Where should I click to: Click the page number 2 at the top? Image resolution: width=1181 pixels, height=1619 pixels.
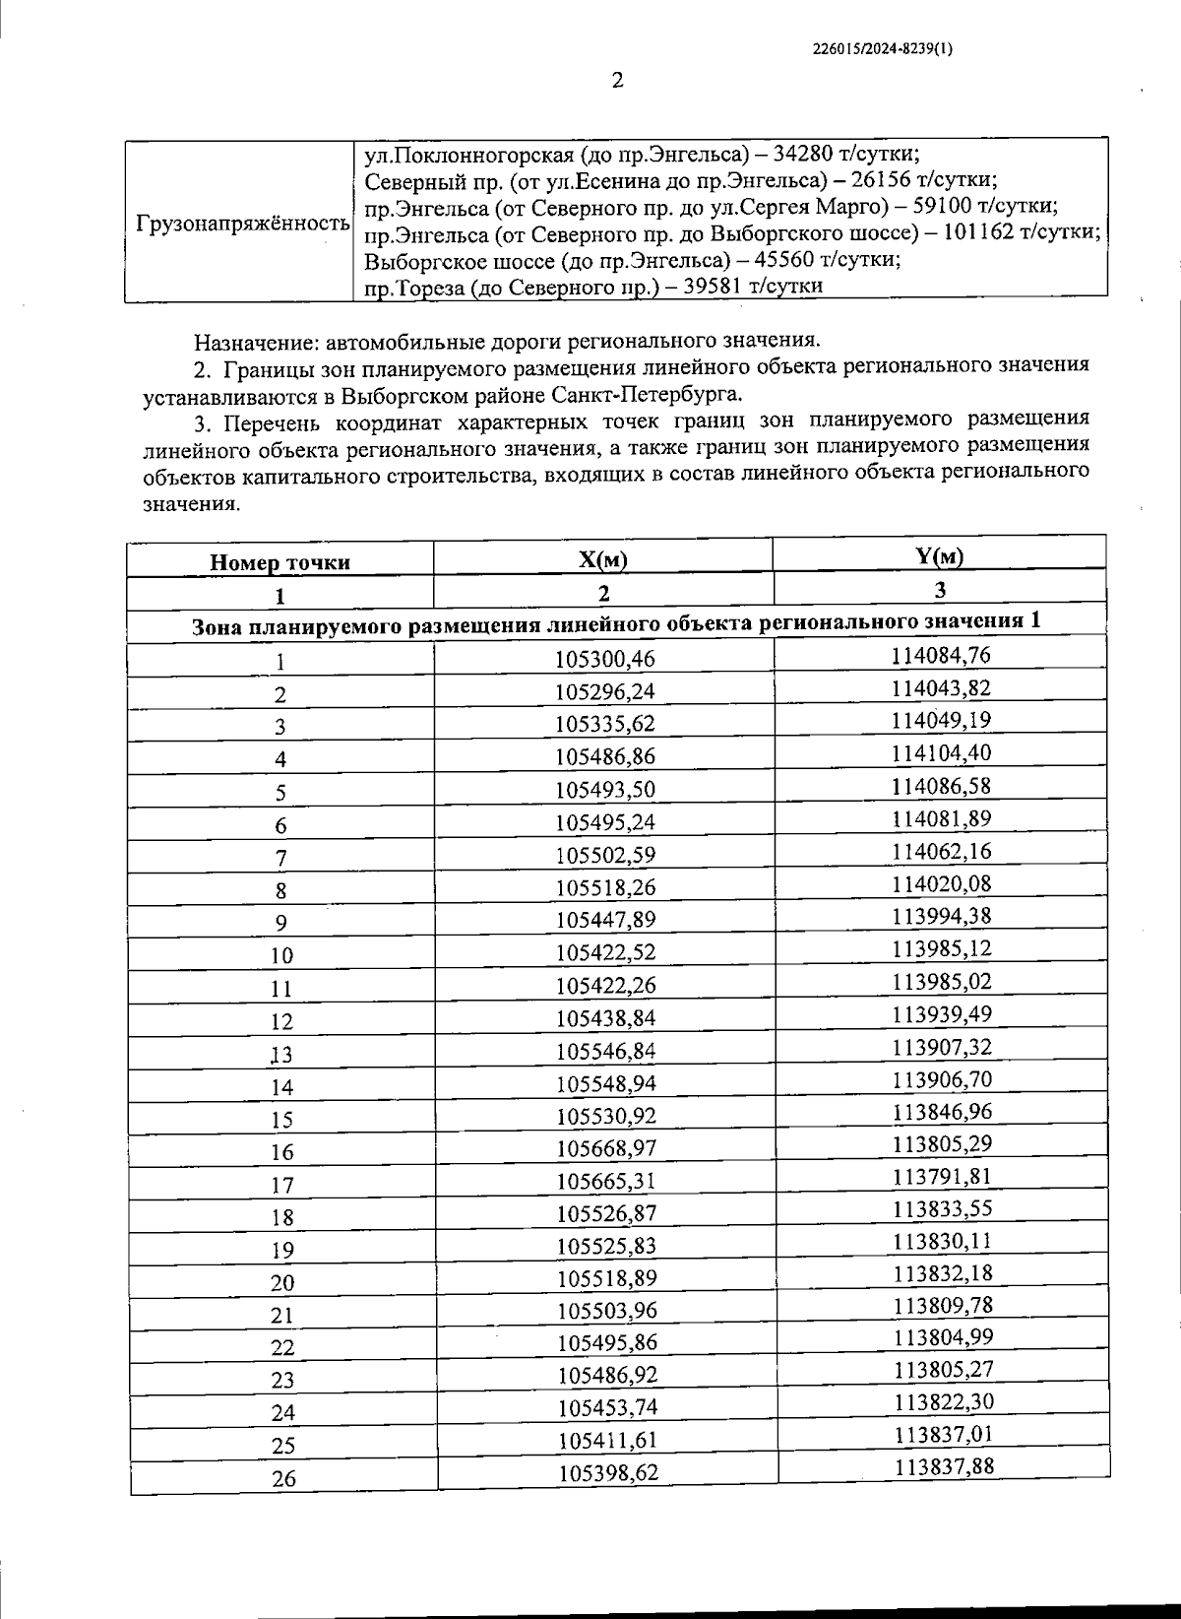617,81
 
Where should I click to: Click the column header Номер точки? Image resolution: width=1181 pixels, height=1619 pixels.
280,563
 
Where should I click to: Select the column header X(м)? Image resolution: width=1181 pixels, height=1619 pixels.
603,560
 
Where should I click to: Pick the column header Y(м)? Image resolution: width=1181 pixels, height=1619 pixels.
939,556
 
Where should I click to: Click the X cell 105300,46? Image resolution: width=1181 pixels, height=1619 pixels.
605,658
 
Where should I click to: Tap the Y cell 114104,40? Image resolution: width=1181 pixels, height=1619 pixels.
941,753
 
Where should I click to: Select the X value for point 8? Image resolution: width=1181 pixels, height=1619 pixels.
605,887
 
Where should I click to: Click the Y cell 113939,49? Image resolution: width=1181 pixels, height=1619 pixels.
942,1014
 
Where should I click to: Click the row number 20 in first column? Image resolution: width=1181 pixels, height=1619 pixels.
282,1282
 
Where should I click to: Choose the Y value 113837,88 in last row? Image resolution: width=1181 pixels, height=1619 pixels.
944,1466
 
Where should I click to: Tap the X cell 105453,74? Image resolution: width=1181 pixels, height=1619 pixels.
606,1408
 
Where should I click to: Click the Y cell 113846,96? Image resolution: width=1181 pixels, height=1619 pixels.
943,1112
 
